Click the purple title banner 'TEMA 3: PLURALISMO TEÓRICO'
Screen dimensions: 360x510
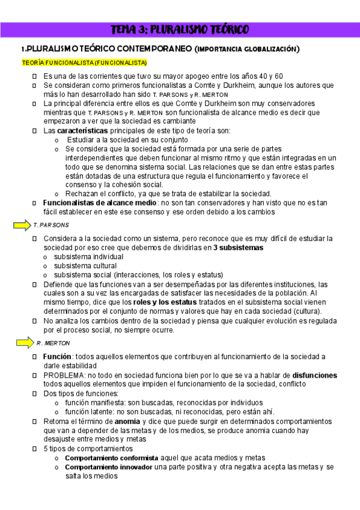(x=180, y=29)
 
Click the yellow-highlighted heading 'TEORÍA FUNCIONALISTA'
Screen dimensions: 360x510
(x=84, y=63)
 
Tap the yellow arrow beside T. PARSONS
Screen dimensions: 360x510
(x=21, y=225)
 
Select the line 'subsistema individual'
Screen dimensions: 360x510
(x=89, y=257)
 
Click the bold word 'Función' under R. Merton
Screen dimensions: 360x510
(x=58, y=357)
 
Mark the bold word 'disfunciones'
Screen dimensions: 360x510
(x=315, y=375)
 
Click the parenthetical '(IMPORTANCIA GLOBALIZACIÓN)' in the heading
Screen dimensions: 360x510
(x=248, y=49)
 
